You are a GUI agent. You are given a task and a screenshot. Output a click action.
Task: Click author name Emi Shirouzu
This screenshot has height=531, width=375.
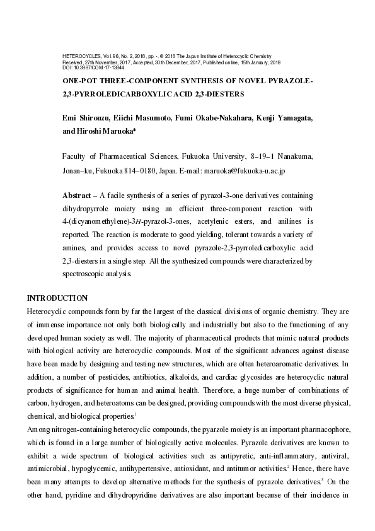[86, 119]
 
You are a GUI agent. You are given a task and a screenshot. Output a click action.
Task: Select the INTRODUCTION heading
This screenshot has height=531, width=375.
[57, 298]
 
